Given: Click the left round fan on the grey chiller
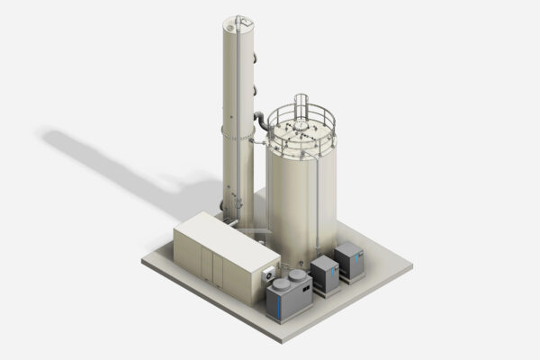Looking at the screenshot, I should tap(281, 286).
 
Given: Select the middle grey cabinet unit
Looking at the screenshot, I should tap(325, 274).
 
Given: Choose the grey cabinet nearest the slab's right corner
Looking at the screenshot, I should tap(348, 261).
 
